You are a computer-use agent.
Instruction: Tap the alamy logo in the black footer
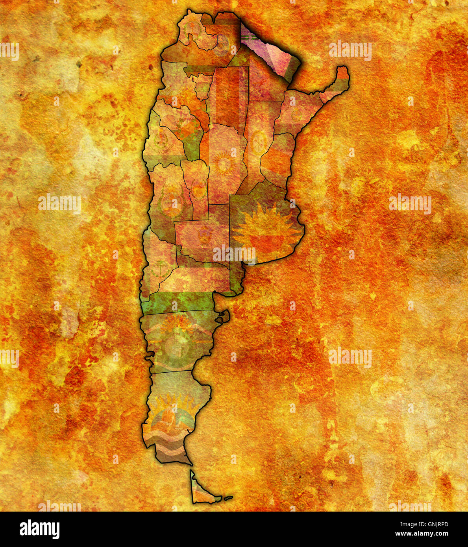(40, 529)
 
